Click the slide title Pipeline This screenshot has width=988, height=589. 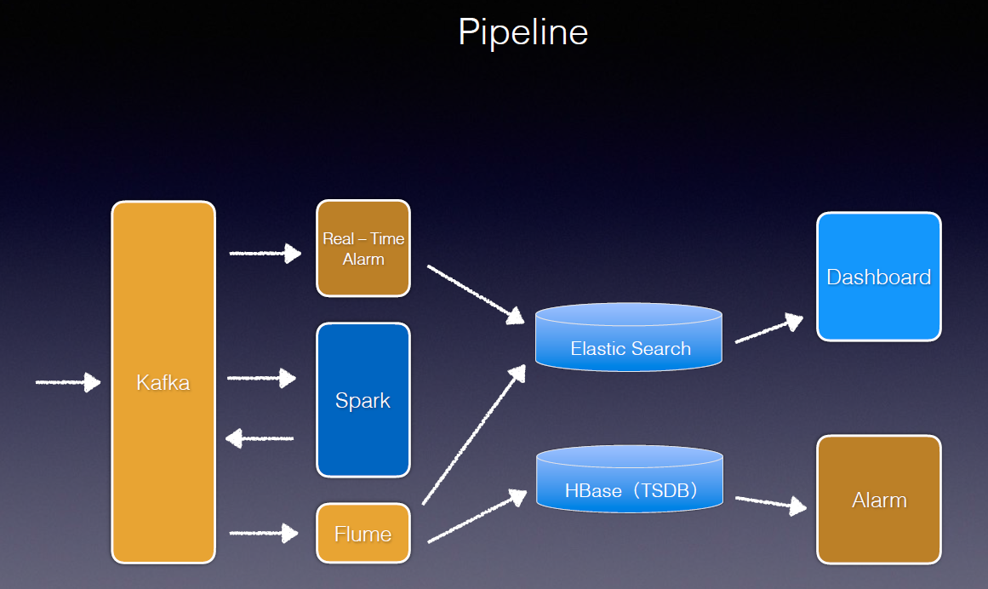click(x=523, y=32)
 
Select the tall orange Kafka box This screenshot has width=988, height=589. click(x=163, y=382)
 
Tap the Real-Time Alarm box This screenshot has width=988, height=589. click(x=363, y=249)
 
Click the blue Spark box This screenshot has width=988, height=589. click(x=363, y=400)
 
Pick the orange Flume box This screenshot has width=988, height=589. click(x=363, y=534)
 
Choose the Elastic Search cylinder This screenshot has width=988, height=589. click(x=629, y=339)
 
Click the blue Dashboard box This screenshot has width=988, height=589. click(x=879, y=277)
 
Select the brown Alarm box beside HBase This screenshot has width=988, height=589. click(x=879, y=500)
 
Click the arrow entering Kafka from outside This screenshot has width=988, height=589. click(x=68, y=382)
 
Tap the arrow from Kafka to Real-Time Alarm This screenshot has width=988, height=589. click(x=266, y=253)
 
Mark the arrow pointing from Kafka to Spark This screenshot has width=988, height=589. click(x=262, y=378)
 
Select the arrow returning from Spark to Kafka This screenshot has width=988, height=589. click(x=260, y=438)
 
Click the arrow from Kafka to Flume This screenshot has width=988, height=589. click(x=265, y=534)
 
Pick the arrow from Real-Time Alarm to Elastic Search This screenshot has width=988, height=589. click(x=476, y=294)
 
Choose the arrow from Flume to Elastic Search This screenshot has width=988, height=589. click(x=474, y=434)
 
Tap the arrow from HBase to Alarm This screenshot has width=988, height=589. click(x=771, y=503)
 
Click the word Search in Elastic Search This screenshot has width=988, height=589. click(x=662, y=348)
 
